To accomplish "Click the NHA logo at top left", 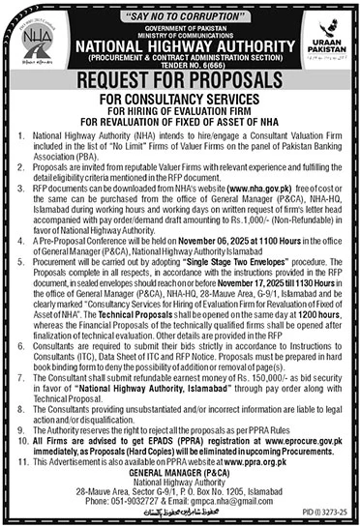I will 36,46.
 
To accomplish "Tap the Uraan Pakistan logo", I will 324,47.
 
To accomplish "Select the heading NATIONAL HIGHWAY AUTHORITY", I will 180,43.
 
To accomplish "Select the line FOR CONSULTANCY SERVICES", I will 180,100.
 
